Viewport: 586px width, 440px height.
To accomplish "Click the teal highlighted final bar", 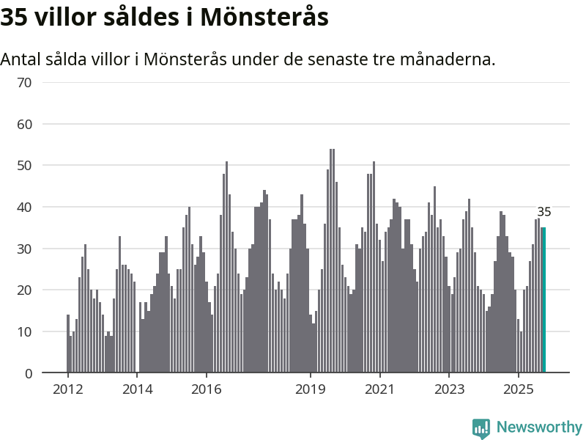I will [544, 300].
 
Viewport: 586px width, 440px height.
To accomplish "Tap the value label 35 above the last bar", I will [544, 212].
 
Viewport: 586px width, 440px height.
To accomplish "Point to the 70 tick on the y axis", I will [25, 82].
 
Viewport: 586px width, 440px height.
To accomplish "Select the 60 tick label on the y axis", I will [25, 124].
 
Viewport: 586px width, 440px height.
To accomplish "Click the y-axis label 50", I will [25, 166].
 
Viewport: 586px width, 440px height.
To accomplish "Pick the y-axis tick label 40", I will [25, 208].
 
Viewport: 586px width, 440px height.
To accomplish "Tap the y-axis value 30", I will [25, 249].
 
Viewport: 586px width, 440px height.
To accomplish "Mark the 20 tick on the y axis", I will [25, 290].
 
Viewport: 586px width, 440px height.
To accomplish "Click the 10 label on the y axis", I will [25, 332].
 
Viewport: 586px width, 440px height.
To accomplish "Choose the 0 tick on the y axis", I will [29, 373].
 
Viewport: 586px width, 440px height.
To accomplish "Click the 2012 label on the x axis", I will [68, 389].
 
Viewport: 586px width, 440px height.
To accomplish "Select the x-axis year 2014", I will [138, 389].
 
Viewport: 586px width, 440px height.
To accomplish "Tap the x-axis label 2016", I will [207, 389].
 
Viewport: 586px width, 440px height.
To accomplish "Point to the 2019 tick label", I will [311, 389].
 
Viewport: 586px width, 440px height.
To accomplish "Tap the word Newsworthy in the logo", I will [539, 427].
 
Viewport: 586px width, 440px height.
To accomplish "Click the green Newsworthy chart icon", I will [481, 428].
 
